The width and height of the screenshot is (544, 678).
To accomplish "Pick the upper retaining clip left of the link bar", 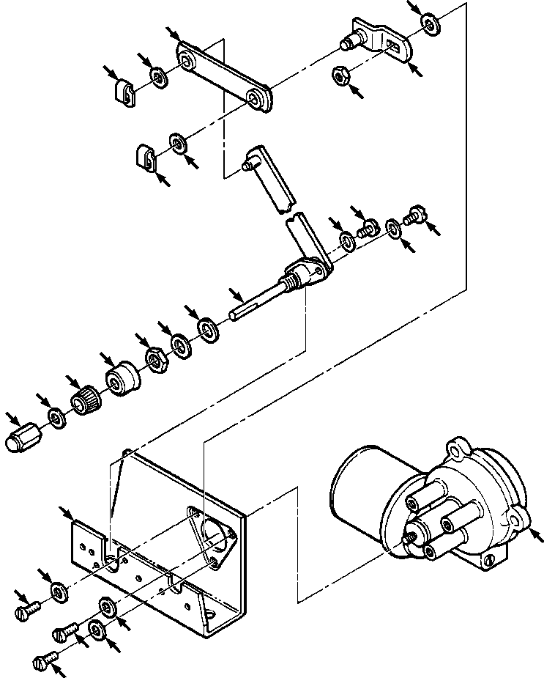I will (126, 92).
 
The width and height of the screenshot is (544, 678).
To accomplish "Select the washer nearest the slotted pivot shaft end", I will (208, 328).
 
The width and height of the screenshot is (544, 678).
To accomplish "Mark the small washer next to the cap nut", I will (56, 419).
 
